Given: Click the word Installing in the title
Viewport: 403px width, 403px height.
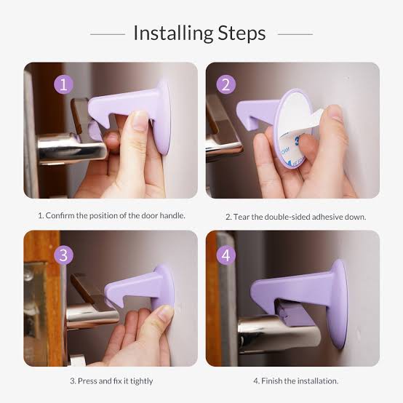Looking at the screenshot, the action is coord(173,33).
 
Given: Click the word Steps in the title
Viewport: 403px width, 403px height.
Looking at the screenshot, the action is coord(242,33).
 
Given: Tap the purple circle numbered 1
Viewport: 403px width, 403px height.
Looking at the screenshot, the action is coord(63,84).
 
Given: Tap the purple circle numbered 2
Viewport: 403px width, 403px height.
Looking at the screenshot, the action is coord(226,84).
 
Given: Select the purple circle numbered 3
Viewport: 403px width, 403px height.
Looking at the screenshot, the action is coord(63,255).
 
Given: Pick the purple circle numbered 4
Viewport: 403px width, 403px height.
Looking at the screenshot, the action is coord(226,255).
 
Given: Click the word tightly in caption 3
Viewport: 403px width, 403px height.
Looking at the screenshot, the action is coord(141,381).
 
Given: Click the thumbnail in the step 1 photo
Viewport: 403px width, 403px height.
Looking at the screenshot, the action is coord(140,121).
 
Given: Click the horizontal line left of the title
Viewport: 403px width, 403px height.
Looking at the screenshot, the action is coord(108,34).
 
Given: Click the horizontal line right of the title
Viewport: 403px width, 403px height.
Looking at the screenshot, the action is coord(295,34).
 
